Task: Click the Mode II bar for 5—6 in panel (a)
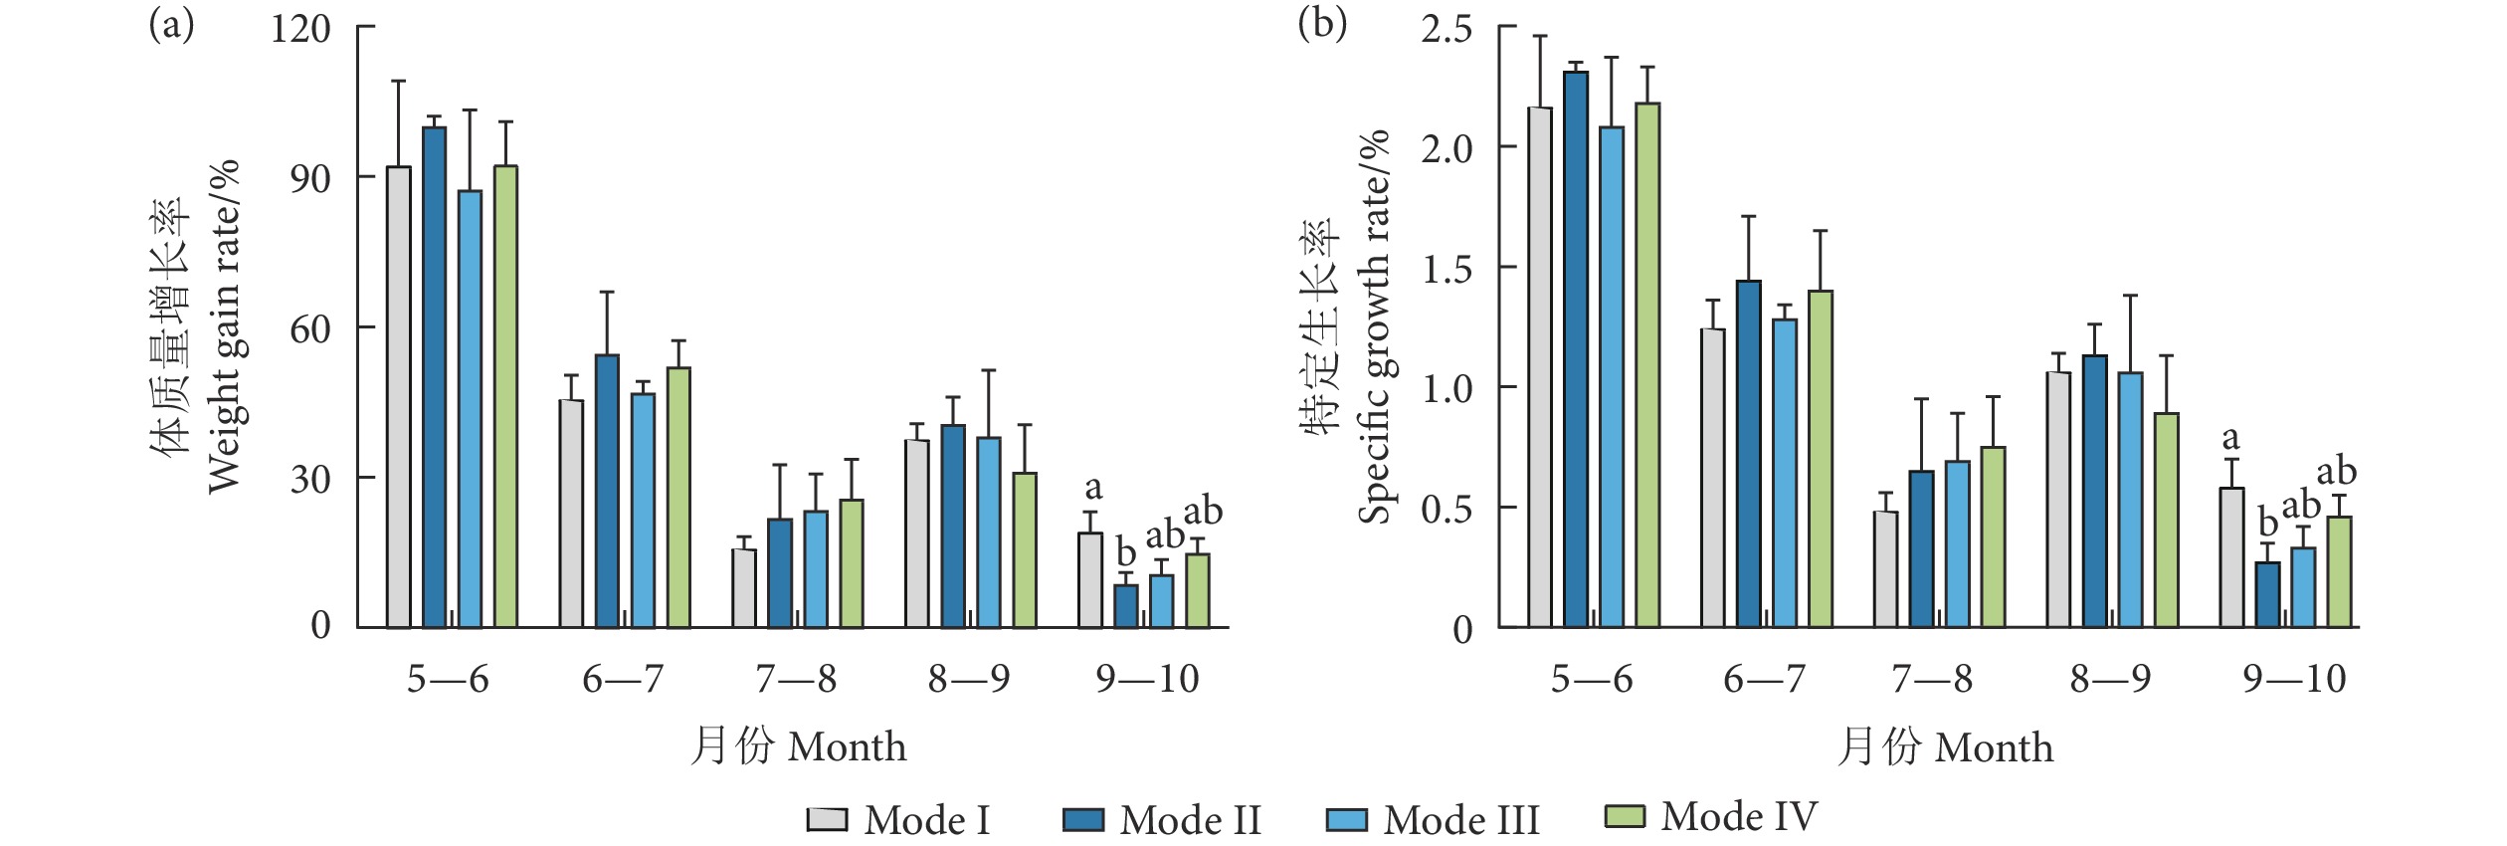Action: [434, 377]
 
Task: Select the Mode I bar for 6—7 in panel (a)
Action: [571, 514]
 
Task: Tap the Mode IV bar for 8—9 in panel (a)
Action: [1025, 549]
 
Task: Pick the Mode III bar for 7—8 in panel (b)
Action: [1957, 543]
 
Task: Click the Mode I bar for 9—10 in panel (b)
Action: [2231, 557]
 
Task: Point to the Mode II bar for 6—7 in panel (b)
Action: [1748, 454]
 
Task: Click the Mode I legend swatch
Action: [827, 819]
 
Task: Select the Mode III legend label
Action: [1460, 820]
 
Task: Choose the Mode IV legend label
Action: [1739, 816]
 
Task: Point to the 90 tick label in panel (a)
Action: [309, 179]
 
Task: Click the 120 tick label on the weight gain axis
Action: [300, 29]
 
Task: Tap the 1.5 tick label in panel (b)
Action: [1446, 269]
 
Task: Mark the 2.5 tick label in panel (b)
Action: [1446, 29]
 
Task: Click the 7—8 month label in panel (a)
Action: [796, 679]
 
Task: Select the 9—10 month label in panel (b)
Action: [2294, 679]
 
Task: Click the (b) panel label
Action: [1322, 24]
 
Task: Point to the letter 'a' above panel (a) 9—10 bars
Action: [1093, 488]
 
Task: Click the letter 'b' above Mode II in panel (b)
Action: [2267, 522]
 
